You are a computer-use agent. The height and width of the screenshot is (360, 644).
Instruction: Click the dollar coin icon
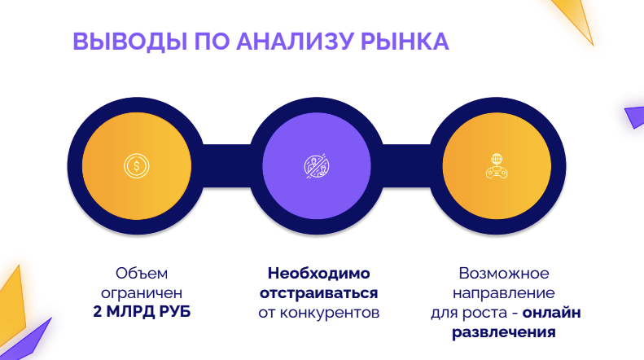(136, 166)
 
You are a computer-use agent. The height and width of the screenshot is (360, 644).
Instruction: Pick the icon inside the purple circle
(317, 166)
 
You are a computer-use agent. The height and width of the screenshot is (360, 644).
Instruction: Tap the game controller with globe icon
(497, 165)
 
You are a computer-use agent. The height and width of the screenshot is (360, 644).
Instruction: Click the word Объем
(136, 274)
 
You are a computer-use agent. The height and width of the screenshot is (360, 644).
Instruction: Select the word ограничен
(136, 292)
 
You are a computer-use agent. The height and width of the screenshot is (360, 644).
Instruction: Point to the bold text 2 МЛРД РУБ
(136, 312)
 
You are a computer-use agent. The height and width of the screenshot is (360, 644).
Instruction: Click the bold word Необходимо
(319, 274)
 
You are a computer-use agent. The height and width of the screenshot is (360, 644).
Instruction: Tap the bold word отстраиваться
(319, 292)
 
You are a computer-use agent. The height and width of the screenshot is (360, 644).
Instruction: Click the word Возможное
(504, 274)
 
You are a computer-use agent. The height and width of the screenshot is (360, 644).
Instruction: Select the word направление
(505, 292)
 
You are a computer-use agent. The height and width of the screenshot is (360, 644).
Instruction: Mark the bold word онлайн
(552, 312)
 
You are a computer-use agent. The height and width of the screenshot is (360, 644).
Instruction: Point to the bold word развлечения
(504, 332)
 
